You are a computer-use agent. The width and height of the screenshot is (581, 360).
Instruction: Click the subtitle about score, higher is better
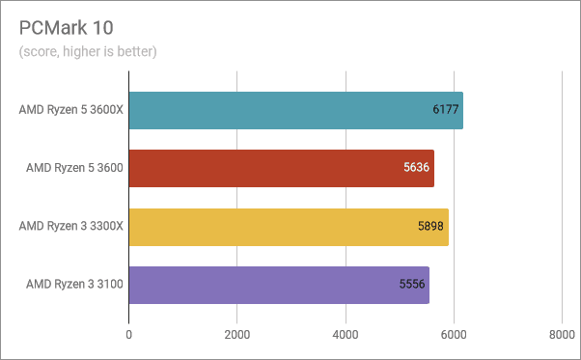coord(88,50)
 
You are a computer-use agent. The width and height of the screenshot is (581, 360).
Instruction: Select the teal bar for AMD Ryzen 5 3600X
coord(295,110)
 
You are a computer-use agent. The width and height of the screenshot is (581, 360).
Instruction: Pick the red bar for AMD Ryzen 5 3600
coord(281,169)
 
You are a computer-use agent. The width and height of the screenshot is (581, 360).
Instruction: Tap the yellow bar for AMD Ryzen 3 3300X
coord(288,227)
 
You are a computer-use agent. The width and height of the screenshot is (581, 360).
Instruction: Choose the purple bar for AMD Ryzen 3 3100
coord(279,285)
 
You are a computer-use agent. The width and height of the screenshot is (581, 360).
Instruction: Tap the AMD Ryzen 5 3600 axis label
coord(74,169)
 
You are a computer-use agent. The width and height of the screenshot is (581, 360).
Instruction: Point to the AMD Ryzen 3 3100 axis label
coord(74,285)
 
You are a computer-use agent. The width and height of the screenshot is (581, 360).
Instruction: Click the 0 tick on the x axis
coord(129,335)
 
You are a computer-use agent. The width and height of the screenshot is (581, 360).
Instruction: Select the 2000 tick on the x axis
coord(237,335)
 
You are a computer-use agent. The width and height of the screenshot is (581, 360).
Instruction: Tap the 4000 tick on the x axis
coord(346,335)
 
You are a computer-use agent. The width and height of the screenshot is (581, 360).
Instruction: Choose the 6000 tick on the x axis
coord(454,335)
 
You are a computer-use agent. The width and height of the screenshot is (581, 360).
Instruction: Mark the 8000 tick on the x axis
coord(562,335)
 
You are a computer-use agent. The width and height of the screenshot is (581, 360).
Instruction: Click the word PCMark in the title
coord(47,26)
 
